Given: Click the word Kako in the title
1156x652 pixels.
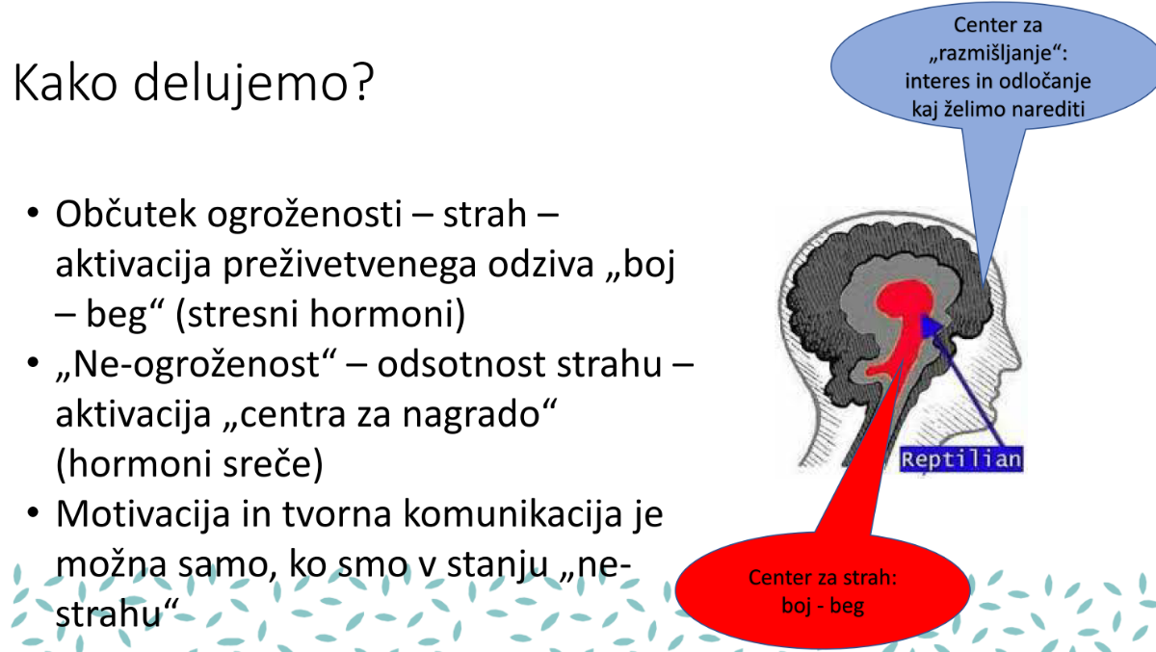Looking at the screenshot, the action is tap(66, 83).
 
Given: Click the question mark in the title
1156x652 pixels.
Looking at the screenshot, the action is tap(363, 82).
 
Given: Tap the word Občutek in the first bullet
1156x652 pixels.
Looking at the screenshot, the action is tap(125, 214).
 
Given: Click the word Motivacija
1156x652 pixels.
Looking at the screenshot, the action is tap(143, 514).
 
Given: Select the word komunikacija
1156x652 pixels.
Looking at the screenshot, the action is tap(512, 513).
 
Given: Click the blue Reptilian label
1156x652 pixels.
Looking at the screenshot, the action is tap(961, 459).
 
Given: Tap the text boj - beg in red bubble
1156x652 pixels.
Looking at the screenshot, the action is tap(823, 606).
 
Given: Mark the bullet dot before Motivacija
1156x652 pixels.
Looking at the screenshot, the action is tap(33, 512).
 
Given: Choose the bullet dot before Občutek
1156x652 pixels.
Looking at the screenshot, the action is tap(33, 213).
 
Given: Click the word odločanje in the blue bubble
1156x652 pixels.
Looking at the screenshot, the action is tap(1045, 82).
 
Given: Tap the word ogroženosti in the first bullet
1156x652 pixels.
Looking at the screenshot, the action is tap(304, 215).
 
